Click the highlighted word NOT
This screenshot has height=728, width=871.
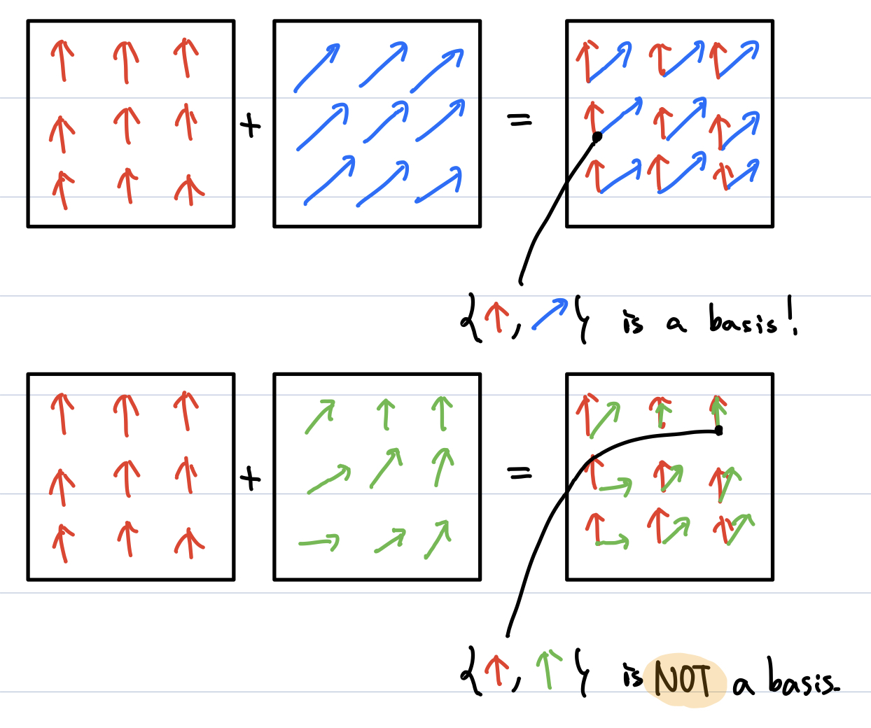[683, 680]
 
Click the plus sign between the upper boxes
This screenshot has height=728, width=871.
[250, 125]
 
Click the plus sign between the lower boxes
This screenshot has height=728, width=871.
[250, 479]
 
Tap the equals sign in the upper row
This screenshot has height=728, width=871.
[520, 120]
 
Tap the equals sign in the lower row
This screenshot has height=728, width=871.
[520, 472]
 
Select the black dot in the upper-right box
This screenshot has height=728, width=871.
[597, 136]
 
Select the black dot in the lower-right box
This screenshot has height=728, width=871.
[718, 430]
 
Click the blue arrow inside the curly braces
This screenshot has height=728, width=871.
[550, 314]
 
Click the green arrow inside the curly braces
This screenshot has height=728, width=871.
[548, 670]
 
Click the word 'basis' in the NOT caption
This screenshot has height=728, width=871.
[803, 676]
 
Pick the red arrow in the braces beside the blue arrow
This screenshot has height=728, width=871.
[496, 317]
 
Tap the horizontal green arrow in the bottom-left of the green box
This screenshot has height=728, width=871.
[319, 542]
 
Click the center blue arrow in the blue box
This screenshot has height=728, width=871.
[386, 121]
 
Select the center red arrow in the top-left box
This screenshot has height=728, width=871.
[127, 125]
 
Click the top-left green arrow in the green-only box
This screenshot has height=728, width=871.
[321, 416]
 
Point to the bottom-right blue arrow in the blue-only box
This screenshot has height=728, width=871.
[438, 185]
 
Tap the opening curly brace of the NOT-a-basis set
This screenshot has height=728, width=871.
[471, 671]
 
